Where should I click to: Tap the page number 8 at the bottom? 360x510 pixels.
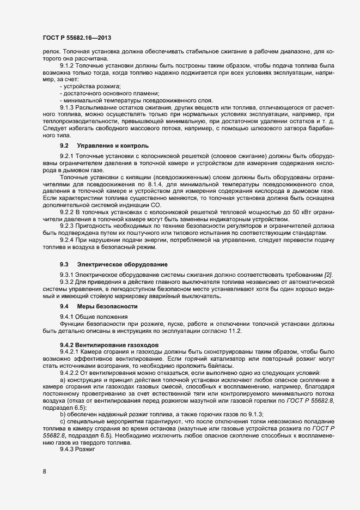[44, 471]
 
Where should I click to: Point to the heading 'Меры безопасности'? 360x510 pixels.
[102, 307]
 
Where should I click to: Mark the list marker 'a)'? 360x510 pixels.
[63, 380]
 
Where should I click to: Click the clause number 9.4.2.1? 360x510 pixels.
[71, 353]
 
